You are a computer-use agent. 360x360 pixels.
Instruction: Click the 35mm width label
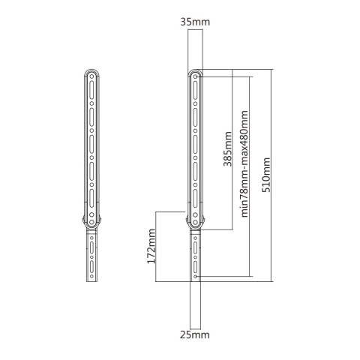click(196, 22)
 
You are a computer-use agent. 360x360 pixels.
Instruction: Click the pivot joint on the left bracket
click(90, 221)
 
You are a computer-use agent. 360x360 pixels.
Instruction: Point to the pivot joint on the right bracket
click(196, 221)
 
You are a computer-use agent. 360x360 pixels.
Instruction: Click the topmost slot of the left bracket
click(90, 89)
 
